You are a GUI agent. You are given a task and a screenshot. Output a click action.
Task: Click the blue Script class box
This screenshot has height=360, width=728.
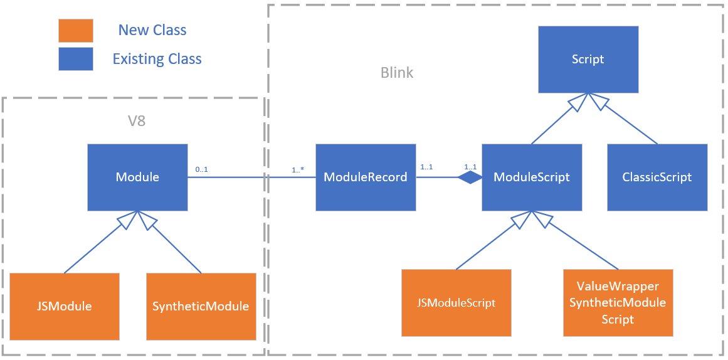point(588,59)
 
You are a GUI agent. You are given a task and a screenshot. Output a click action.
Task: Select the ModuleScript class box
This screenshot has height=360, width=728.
point(531,177)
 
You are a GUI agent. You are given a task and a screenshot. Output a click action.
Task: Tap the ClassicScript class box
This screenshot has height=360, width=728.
point(657,177)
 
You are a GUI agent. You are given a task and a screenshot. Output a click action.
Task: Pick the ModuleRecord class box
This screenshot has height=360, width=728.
point(365,177)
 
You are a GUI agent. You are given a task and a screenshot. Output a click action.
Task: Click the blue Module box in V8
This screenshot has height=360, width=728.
point(137,177)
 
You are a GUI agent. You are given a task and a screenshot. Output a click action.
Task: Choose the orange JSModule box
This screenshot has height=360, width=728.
point(65,306)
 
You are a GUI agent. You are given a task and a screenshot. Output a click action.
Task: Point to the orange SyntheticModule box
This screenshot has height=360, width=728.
point(201,306)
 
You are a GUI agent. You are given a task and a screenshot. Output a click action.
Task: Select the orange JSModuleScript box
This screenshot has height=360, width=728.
point(456,303)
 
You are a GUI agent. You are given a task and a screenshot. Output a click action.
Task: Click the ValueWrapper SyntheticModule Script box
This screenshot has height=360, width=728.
point(618,303)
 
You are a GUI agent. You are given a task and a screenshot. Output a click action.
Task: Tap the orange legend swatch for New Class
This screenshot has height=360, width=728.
point(75,30)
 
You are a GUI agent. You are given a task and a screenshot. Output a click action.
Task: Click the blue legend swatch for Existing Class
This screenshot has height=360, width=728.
point(75,59)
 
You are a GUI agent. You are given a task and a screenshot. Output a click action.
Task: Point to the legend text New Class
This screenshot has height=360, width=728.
point(152,30)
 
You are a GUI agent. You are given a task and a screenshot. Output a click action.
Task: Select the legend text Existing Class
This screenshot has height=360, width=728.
point(157,59)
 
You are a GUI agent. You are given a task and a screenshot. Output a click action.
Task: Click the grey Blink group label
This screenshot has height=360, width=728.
point(397,73)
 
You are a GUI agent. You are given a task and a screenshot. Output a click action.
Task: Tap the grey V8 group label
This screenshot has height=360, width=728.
point(137,120)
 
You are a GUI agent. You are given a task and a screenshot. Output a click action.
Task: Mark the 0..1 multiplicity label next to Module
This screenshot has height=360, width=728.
point(201,169)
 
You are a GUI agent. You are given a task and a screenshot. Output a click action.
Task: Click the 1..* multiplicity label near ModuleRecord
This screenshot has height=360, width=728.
point(298,169)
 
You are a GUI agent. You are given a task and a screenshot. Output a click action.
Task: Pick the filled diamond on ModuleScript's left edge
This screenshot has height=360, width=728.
point(469,177)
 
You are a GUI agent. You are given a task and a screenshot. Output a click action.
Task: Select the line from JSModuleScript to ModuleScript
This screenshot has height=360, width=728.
point(486,245)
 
